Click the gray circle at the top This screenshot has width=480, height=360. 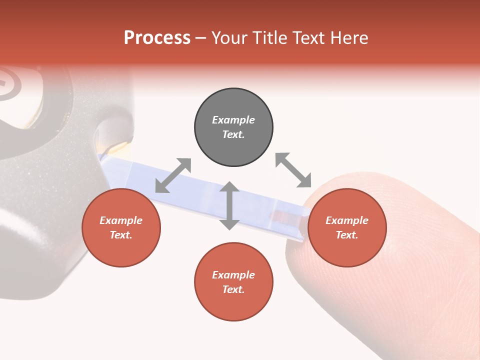[233, 127]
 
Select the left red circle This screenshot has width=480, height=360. [121, 228]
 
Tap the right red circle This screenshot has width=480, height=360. [347, 228]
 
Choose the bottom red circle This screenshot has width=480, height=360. [233, 282]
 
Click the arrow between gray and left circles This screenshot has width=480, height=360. [173, 175]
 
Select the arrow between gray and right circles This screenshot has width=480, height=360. [293, 170]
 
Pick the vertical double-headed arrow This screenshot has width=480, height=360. [229, 205]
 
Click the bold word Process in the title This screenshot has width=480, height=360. [157, 37]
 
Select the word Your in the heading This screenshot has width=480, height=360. [229, 37]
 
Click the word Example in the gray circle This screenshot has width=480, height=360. [233, 120]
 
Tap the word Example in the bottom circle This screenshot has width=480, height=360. [233, 275]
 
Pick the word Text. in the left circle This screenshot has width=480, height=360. [121, 235]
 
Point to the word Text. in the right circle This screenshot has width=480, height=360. [347, 235]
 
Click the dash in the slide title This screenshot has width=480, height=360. [201, 38]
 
